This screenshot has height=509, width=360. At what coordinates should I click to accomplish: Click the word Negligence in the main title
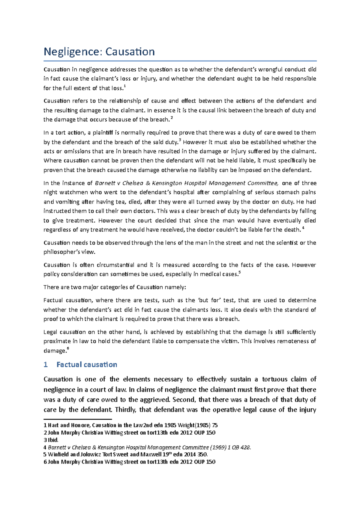71,52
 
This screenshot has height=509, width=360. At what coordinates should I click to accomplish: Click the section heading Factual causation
87,365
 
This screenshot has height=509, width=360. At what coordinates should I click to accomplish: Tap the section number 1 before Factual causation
46,365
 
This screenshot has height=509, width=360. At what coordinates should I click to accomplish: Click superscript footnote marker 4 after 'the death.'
303,228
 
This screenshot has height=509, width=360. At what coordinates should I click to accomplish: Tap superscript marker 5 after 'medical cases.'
239,272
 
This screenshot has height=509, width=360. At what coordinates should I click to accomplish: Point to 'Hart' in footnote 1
53,425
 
